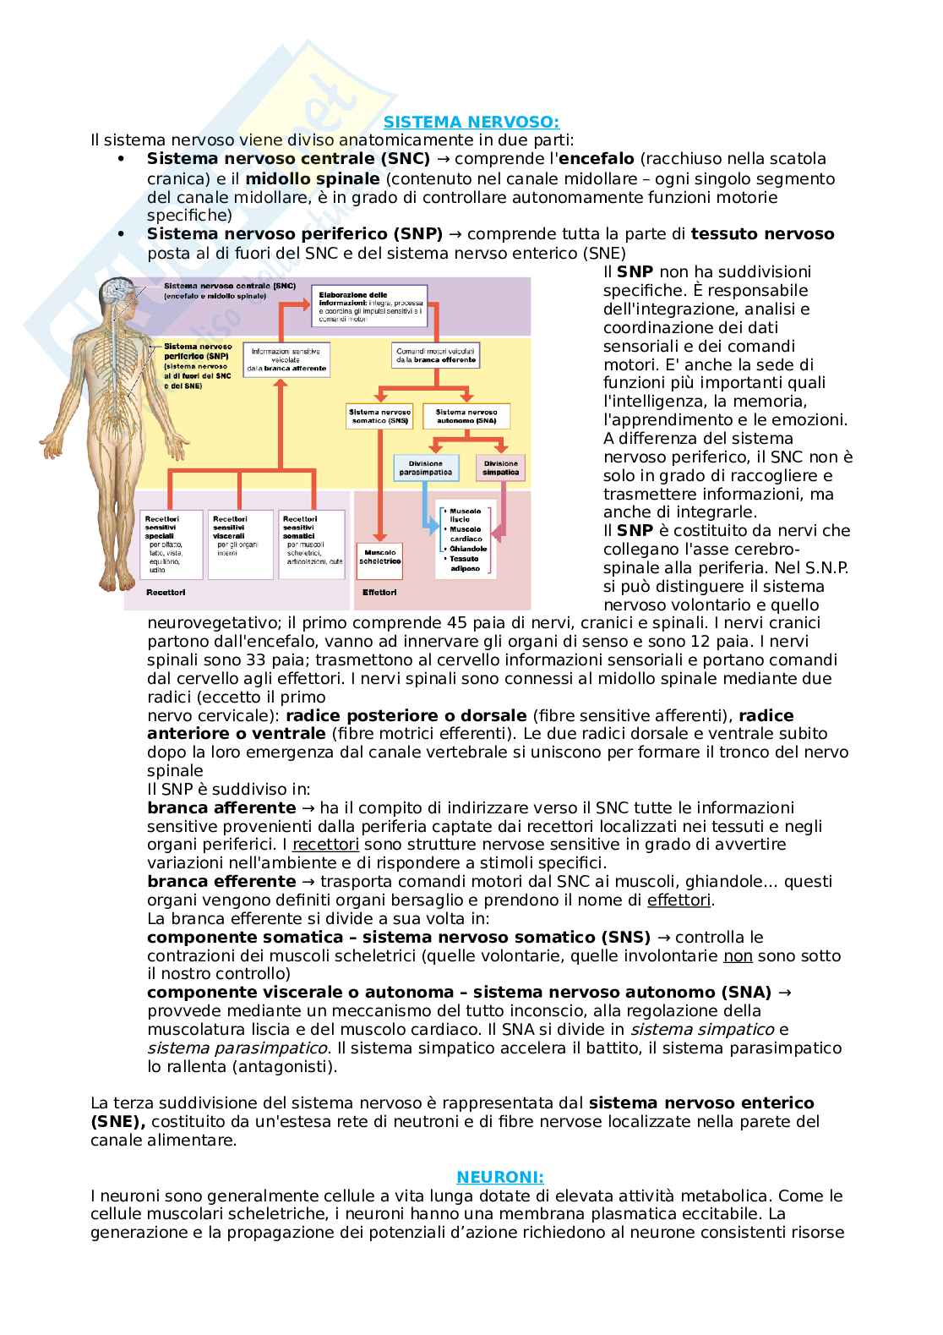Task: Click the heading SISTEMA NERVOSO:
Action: pyautogui.click(x=471, y=123)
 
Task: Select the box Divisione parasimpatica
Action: pyautogui.click(x=425, y=468)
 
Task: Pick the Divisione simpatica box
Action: pyautogui.click(x=500, y=468)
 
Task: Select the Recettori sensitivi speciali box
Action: pyautogui.click(x=171, y=543)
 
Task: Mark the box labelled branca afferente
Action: pyautogui.click(x=277, y=359)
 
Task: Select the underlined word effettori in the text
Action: pyautogui.click(x=679, y=900)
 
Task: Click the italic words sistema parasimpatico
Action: pyautogui.click(x=237, y=1048)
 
